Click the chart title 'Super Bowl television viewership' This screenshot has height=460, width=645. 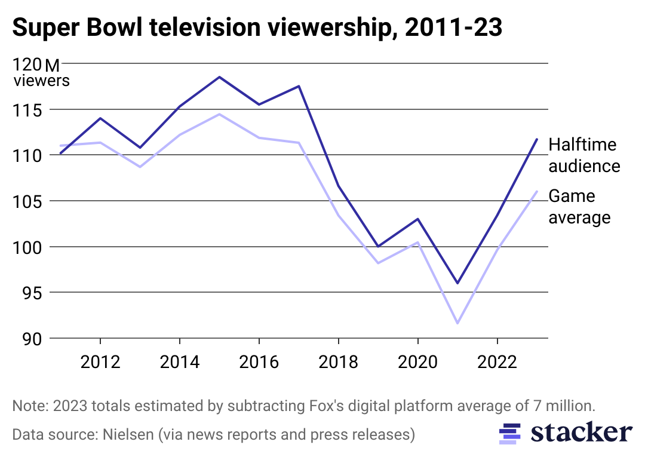tap(257, 28)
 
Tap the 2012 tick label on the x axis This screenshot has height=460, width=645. tap(100, 362)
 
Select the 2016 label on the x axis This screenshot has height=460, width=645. tap(259, 362)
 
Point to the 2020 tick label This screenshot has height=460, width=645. tap(417, 362)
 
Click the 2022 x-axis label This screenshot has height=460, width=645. tap(497, 362)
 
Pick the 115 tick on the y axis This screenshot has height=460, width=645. tap(30, 110)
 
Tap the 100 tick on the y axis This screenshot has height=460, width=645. tap(30, 247)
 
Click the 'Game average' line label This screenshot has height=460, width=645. tap(579, 207)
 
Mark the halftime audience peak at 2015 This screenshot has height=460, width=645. tap(219, 77)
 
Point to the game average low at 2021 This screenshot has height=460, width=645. tap(457, 323)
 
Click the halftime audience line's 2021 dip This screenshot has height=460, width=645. tap(457, 283)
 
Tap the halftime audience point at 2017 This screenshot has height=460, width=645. tap(299, 86)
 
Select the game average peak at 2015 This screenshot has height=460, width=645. tap(219, 114)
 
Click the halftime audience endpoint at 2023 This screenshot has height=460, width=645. tap(537, 139)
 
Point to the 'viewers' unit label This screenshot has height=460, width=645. tap(42, 81)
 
